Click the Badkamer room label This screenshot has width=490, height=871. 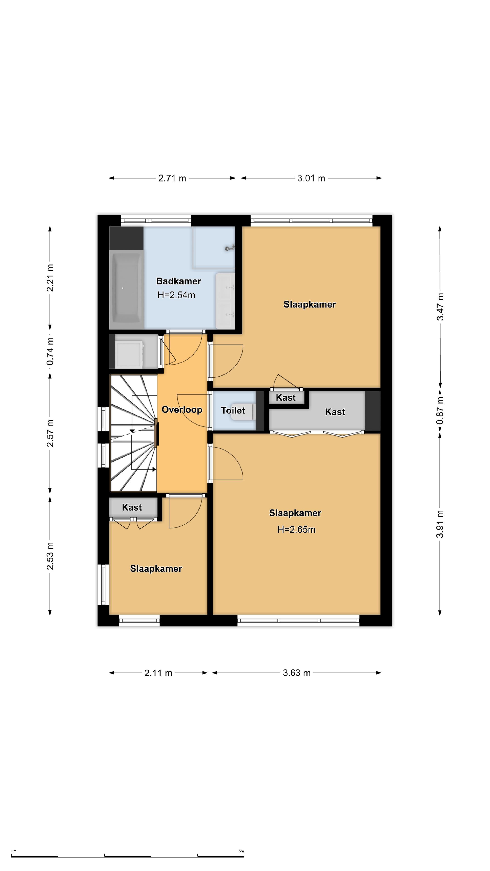click(179, 281)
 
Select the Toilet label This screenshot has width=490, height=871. click(233, 411)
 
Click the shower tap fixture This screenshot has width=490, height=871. click(230, 248)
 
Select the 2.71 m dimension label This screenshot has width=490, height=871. click(172, 178)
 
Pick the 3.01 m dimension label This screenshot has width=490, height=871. click(311, 178)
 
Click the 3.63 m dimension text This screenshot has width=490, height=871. click(296, 673)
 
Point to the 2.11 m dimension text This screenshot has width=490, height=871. click(158, 673)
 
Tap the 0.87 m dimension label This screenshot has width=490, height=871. click(440, 410)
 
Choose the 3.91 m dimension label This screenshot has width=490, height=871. click(440, 524)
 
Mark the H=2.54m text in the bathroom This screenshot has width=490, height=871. click(176, 295)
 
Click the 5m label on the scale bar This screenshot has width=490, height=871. click(241, 851)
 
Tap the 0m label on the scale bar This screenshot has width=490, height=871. click(14, 851)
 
